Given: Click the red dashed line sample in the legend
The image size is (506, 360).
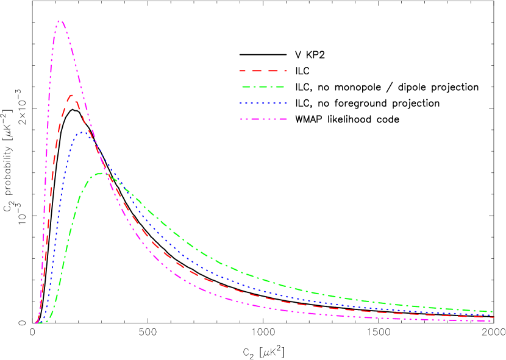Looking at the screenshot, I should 263,71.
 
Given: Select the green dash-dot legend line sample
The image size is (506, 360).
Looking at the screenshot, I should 263,87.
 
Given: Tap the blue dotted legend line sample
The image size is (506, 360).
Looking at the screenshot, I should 263,104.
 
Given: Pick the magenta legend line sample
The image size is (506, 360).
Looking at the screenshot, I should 263,119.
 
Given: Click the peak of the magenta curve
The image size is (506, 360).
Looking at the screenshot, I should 60,21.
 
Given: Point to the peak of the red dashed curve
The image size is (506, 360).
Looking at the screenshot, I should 72,95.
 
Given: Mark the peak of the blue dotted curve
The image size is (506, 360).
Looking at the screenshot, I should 82,132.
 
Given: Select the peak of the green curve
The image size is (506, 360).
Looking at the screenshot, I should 99,174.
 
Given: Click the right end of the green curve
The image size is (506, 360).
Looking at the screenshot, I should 492,311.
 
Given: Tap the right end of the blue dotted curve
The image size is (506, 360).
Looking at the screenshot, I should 492,314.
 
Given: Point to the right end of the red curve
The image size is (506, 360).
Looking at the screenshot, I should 492,317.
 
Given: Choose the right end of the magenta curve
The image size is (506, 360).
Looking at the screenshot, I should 492,320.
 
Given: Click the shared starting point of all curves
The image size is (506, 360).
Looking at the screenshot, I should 38,322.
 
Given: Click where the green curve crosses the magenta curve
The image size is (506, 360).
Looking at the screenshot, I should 107,175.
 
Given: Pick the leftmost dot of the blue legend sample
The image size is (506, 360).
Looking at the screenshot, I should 241,104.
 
